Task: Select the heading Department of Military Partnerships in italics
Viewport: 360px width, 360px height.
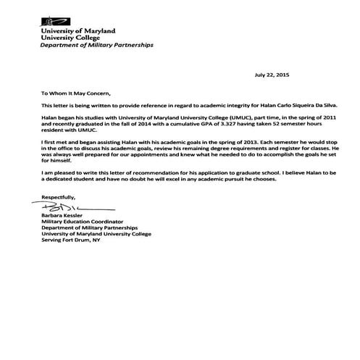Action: coord(96,45)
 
